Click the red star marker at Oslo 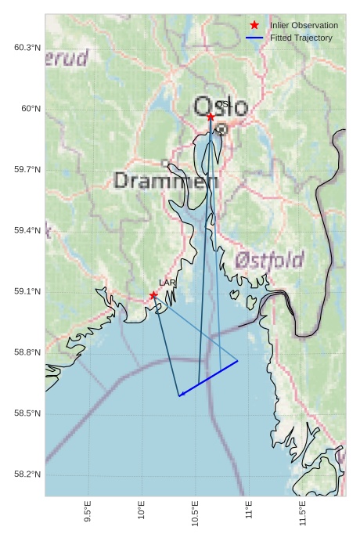pos(211,117)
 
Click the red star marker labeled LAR pos(153,295)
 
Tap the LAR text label pos(167,283)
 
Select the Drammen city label pos(166,181)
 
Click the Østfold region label pos(269,260)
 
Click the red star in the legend pos(254,25)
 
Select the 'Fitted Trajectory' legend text pos(301,38)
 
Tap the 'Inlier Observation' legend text pos(304,25)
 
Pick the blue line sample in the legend pos(254,38)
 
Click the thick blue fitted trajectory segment pos(208,379)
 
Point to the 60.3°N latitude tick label pos(27,48)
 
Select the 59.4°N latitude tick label pos(27,231)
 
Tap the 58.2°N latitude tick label pos(27,474)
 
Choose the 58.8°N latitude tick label pos(27,353)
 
